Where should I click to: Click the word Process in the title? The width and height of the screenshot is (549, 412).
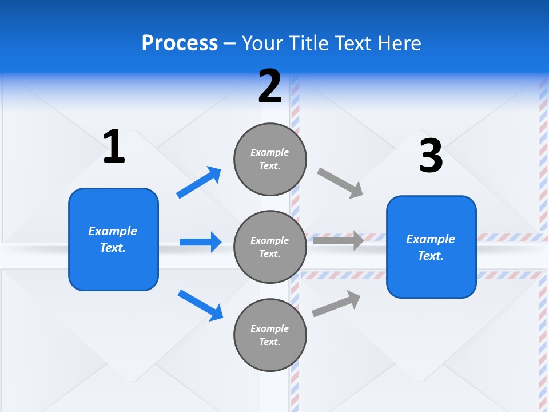coord(180,43)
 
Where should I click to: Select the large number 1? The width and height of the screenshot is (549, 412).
coord(114,146)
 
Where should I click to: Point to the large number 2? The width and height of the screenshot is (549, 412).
coord(270,86)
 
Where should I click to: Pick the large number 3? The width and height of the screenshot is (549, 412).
coord(431,156)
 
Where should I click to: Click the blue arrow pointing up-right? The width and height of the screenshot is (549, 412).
coord(199,183)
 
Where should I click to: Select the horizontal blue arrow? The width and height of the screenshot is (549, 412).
coord(200,242)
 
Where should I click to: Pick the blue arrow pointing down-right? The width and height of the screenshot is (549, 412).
coord(200,305)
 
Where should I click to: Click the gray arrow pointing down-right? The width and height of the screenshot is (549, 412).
coord(340,183)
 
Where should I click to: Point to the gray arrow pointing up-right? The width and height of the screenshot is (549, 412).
coord(336,304)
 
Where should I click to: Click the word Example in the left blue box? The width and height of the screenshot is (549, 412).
coord(113,231)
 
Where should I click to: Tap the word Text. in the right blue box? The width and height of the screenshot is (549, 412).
coord(431,256)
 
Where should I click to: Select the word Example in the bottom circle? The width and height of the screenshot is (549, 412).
coord(270,328)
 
